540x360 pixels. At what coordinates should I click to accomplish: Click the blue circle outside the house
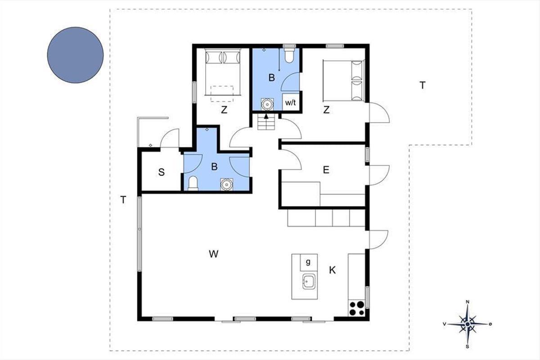point(75,55)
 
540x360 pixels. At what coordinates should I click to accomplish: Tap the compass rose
point(468,324)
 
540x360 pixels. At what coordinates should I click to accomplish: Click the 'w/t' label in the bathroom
point(290,103)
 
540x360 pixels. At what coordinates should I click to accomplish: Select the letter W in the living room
point(214,254)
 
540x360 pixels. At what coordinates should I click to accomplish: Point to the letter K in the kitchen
point(332,270)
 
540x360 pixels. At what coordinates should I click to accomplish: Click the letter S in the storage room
point(161,172)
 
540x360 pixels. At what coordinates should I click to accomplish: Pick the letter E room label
point(326,170)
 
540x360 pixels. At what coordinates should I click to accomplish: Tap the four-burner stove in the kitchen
point(356,308)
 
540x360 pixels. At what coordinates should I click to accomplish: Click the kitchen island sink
point(308,281)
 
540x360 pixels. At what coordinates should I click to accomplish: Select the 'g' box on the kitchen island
point(309,262)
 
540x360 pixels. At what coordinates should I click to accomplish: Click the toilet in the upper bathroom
point(289,56)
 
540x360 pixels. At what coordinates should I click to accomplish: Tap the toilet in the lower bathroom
point(193,184)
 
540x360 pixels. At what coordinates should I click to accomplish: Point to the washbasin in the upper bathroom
point(267,104)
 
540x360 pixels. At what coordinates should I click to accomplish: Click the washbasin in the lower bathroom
point(227,184)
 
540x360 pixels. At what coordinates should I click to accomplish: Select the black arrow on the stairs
point(266,117)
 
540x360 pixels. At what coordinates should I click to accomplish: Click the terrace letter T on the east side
point(423,85)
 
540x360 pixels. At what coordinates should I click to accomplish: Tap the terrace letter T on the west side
point(123,200)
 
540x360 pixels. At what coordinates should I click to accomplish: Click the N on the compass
point(468,301)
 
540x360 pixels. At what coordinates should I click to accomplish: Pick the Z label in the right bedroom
point(326,110)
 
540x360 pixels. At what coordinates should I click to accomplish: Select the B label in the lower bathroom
point(214,166)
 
